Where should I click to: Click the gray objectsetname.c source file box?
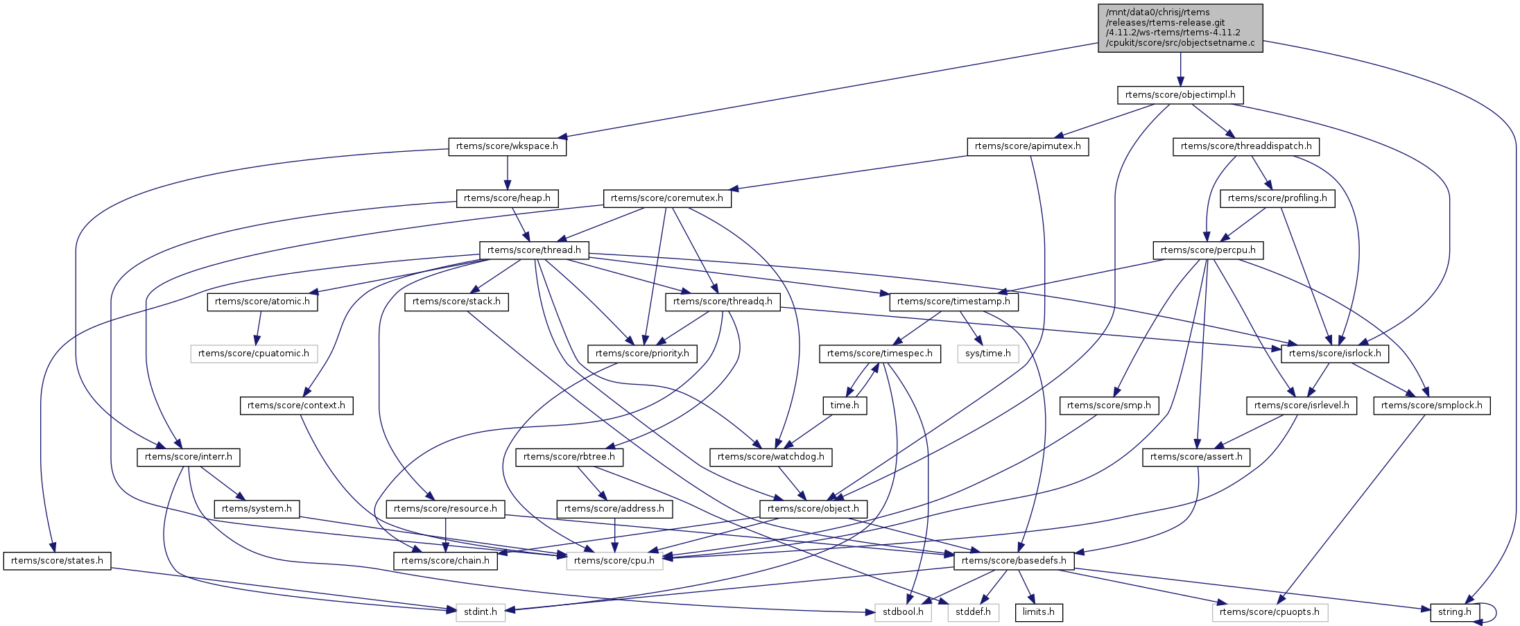1180,28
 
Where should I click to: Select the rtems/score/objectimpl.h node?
1180,95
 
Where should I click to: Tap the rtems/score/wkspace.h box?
507,147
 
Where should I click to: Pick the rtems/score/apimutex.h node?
1027,147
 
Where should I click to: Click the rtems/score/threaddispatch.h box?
1245,147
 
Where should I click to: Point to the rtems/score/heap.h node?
507,198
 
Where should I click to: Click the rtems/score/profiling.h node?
1277,198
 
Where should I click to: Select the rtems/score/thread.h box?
533,250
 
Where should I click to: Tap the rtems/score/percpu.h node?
1207,250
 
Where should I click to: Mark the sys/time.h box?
987,354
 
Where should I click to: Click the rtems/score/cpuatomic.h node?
253,354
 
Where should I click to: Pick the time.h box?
844,406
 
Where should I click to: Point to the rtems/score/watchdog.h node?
770,457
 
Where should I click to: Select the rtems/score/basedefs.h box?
1013,561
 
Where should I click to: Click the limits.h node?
1038,612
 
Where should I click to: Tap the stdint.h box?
481,612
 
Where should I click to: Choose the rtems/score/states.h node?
57,561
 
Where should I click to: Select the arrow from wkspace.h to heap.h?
507,173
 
